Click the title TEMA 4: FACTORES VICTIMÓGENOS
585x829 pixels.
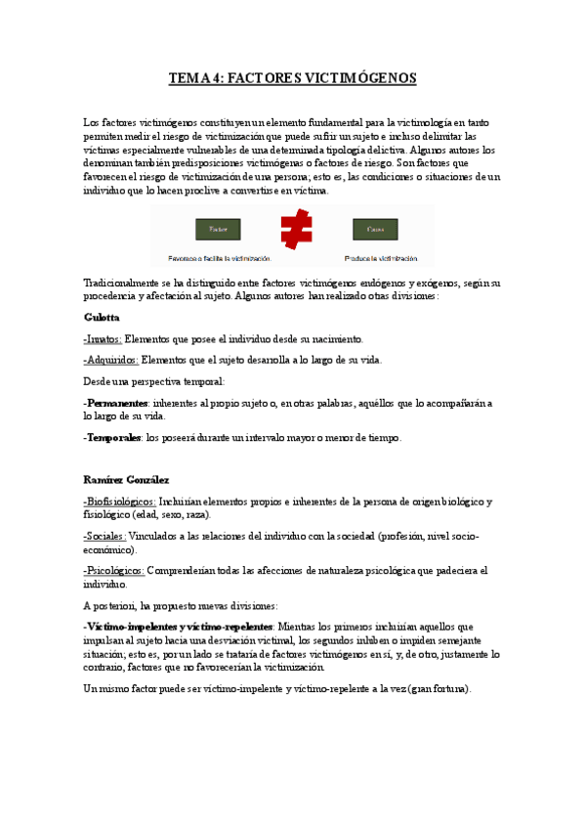point(292,78)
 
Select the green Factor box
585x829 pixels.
point(218,230)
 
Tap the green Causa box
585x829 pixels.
point(375,230)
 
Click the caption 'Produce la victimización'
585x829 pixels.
point(381,259)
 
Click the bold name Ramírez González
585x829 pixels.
point(126,480)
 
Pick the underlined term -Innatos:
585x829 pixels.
point(103,339)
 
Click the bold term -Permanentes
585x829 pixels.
point(116,403)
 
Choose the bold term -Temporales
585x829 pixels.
point(113,437)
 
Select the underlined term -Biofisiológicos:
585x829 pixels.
point(120,502)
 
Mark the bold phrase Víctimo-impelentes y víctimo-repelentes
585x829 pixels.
point(180,626)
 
